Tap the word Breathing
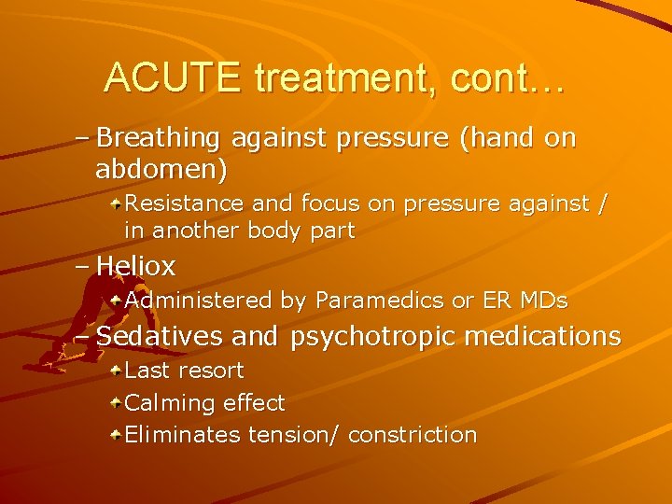coord(159,139)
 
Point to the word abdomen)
coord(161,170)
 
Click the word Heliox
coord(135,266)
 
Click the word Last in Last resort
coord(146,371)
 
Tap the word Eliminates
coord(182,435)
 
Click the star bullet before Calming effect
coord(114,403)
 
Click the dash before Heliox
coord(82,267)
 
